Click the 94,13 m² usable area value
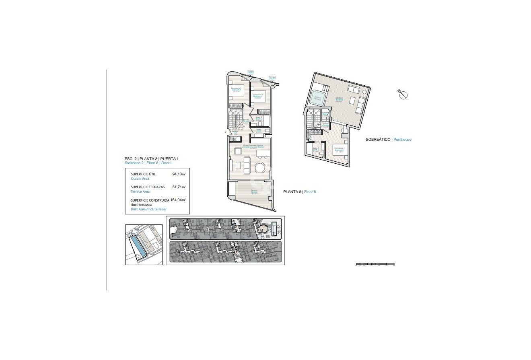pos(179,174)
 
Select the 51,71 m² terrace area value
pos(179,187)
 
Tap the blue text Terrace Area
pos(140,192)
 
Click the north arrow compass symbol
pos(403,95)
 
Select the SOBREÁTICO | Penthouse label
pos(389,140)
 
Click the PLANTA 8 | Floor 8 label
pos(299,192)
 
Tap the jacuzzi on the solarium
pos(318,98)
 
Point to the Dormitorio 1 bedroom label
pos(340,149)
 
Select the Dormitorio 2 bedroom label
pos(257,95)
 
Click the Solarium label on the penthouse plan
pos(340,99)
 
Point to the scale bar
pos(375,264)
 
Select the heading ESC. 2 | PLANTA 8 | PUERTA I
pos(151,159)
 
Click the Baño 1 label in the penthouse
pos(316,150)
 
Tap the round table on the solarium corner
pos(364,92)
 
